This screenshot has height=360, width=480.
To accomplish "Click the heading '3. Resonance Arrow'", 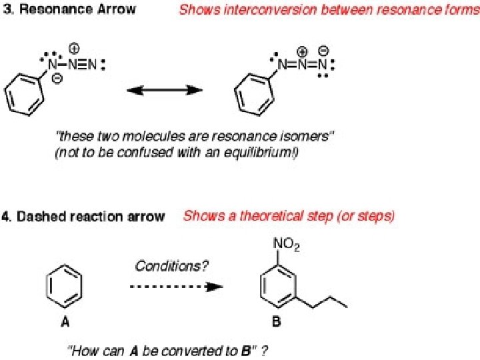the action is (70, 9).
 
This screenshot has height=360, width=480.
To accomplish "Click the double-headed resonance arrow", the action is (165, 89).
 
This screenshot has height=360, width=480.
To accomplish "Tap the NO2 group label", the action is (287, 247).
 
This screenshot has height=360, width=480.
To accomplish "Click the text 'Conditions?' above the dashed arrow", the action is (172, 266).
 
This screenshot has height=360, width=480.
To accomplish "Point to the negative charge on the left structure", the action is (57, 78).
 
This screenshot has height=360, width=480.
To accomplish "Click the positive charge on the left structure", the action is (74, 48).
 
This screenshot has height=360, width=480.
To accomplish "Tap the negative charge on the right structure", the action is (323, 50).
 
